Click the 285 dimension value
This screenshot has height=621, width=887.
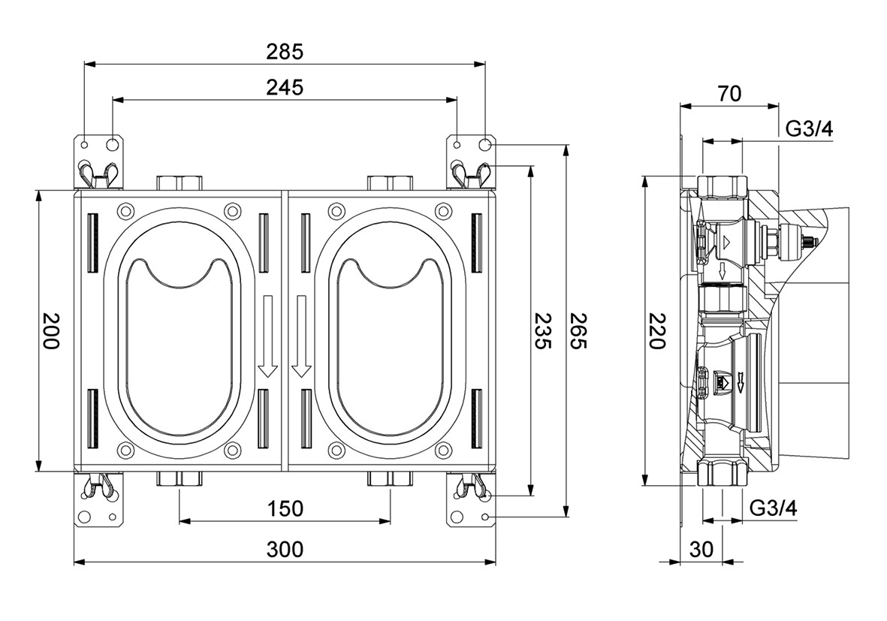tap(285, 52)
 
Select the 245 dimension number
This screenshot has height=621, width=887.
tap(285, 87)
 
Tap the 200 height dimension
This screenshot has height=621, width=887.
tap(50, 331)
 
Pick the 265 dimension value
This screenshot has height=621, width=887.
tap(578, 331)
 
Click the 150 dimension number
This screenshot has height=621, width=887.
tap(285, 508)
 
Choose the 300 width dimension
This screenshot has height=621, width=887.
tap(285, 550)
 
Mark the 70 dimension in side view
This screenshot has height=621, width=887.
tap(729, 93)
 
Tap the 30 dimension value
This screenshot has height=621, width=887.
tap(701, 550)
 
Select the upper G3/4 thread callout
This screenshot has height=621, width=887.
tap(809, 128)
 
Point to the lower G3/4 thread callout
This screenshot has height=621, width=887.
tap(773, 508)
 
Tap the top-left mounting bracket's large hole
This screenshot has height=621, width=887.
tap(112, 143)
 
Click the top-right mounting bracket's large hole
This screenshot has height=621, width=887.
tap(485, 143)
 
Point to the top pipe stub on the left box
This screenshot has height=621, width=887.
tap(180, 182)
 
